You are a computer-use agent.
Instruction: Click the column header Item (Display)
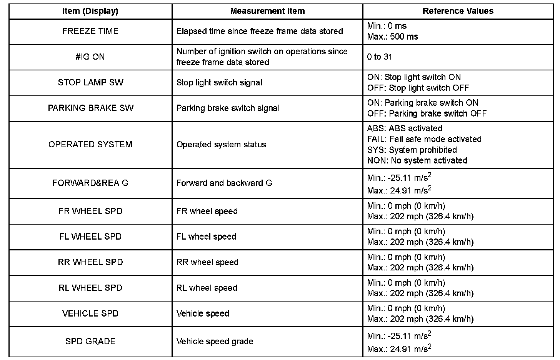[x=90, y=11]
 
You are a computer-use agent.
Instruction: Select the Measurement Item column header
[x=267, y=11]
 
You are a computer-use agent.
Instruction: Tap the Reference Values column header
[x=458, y=11]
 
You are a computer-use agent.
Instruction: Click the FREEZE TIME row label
[x=90, y=31]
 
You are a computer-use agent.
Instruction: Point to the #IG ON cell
[x=90, y=57]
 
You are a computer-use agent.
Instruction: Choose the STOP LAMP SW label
[x=90, y=82]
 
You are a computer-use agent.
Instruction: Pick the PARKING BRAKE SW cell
[x=90, y=108]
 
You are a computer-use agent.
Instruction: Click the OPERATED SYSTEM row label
[x=90, y=145]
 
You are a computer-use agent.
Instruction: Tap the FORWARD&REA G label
[x=90, y=183]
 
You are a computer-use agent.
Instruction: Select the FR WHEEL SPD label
[x=90, y=211]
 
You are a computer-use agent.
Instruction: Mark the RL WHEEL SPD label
[x=90, y=288]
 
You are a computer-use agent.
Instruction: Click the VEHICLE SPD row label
[x=90, y=313]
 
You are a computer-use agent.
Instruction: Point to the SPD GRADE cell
[x=90, y=342]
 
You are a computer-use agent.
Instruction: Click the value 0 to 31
[x=380, y=57]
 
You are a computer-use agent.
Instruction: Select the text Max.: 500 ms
[x=393, y=37]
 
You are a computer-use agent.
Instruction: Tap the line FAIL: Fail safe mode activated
[x=424, y=139]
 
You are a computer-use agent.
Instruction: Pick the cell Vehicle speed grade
[x=215, y=342]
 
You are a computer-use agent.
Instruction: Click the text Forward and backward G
[x=224, y=183]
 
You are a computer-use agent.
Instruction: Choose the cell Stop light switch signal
[x=219, y=82]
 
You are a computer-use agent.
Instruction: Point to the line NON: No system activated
[x=417, y=161]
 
